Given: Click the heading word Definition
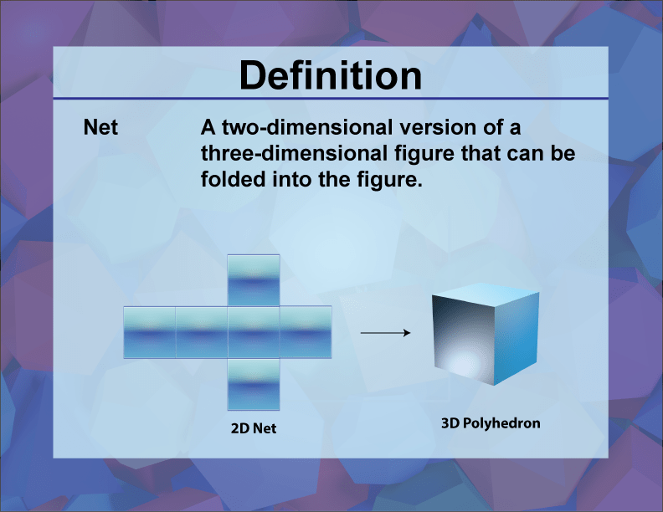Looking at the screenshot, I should pos(331,76).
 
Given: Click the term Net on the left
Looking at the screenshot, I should pos(100,129).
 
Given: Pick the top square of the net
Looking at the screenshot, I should pos(254,280).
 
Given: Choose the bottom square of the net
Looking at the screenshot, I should pos(254,385).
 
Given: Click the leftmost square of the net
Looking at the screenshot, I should pos(149,332).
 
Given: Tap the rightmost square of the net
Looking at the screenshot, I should pos(306,332).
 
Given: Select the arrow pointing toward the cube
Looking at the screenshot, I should pos(385,333).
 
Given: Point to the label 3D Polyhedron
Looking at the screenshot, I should pos(491,423).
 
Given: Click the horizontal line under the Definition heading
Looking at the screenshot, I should pos(331,99).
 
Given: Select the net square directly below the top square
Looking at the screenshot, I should pos(254,332).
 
